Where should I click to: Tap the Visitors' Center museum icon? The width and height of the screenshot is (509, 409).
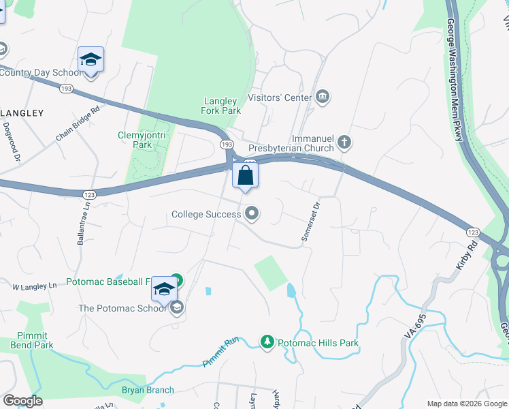click(x=323, y=97)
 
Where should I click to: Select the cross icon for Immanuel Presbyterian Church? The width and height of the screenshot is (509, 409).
click(x=344, y=142)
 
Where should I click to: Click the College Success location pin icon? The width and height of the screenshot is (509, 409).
click(x=252, y=214)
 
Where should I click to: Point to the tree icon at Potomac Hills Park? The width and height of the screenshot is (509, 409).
click(x=267, y=342)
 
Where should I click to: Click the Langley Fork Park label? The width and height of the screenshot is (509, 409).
click(x=221, y=106)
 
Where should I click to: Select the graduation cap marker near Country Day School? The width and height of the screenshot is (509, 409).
click(x=91, y=60)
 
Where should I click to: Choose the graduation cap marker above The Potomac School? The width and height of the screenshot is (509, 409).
click(x=164, y=290)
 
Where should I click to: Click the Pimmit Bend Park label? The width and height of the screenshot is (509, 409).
click(x=32, y=340)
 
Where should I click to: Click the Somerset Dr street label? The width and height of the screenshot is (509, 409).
click(x=310, y=220)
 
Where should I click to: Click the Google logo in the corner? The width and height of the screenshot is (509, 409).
click(x=22, y=401)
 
